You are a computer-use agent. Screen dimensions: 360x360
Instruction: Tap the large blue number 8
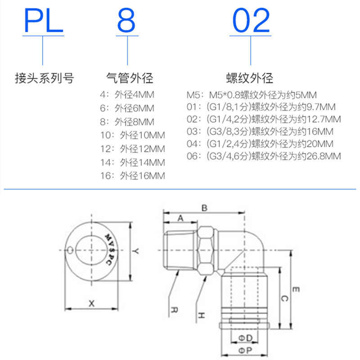128,20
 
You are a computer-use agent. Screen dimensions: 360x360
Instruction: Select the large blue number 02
251,20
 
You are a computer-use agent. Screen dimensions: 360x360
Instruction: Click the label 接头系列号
44,78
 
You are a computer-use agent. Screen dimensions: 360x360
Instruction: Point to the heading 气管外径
129,78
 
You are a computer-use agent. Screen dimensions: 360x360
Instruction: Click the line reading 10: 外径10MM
132,135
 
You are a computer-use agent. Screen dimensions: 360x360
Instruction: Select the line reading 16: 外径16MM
132,175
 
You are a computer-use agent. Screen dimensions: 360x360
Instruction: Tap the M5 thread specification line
252,95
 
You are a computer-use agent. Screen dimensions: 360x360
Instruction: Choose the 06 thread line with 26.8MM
264,157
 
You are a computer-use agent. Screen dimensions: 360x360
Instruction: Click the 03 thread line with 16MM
260,132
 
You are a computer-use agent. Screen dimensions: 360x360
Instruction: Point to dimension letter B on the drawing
203,208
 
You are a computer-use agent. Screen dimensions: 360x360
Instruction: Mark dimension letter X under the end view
91,303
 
